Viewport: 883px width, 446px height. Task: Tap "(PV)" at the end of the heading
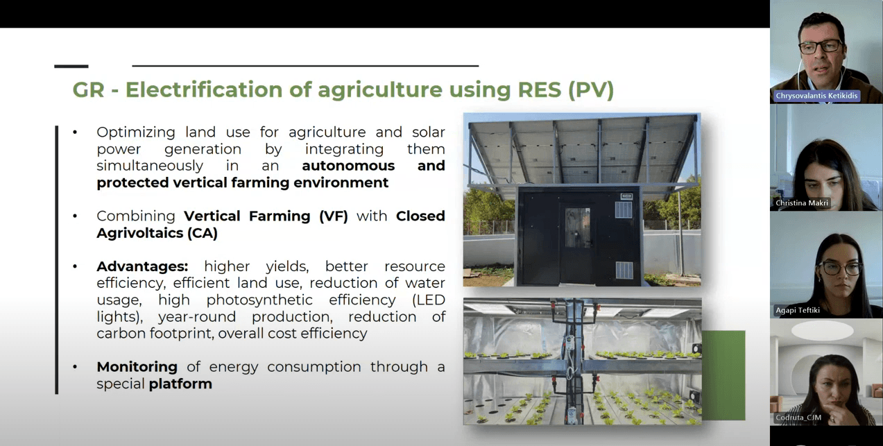(591, 90)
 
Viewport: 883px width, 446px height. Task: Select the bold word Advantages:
(142, 266)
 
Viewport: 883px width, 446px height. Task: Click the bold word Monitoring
(137, 367)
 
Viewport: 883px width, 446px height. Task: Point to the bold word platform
(180, 384)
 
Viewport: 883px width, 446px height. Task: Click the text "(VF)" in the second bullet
(334, 216)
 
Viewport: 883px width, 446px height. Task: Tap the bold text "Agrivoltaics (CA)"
(157, 234)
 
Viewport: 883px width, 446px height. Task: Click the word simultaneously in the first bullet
(150, 166)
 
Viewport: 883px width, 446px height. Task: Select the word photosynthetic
(259, 300)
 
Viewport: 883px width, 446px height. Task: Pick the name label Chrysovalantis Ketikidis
(816, 96)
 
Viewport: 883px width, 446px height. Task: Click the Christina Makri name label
(802, 203)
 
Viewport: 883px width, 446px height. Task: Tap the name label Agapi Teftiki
(798, 310)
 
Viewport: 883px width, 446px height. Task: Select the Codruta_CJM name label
(798, 418)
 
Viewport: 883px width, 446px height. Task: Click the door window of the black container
(578, 228)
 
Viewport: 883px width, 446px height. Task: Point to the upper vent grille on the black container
(624, 209)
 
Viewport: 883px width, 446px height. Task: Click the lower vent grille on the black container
(624, 271)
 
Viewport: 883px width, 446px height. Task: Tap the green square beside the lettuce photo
(723, 375)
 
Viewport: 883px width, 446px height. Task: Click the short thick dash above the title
(71, 67)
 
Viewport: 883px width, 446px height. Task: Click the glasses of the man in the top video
(821, 47)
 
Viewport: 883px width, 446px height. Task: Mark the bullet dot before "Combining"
(75, 216)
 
